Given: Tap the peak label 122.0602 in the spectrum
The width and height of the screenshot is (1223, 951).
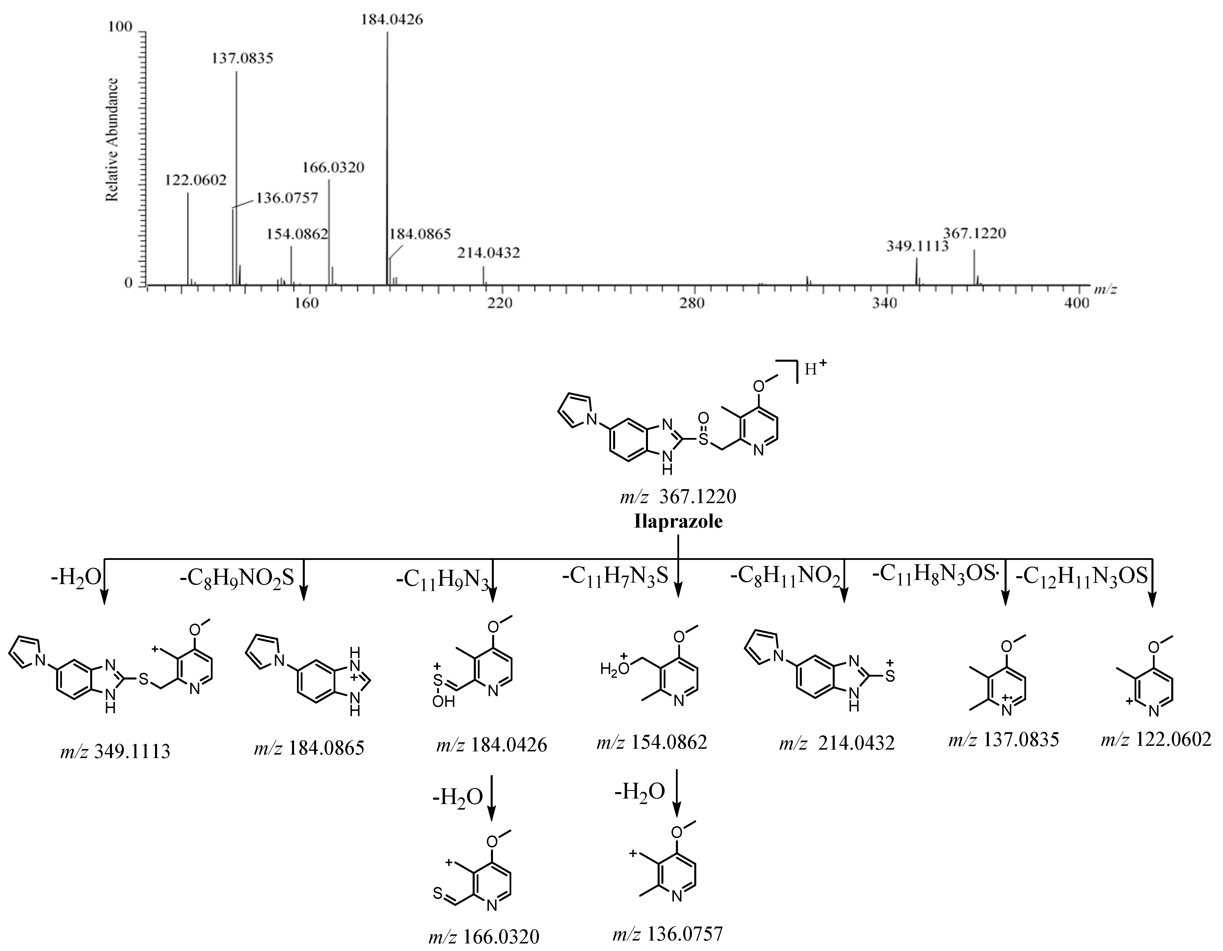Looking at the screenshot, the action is (x=195, y=180).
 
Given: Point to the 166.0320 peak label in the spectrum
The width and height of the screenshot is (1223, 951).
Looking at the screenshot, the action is (x=333, y=167).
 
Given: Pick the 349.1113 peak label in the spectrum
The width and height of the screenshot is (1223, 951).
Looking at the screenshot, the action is (x=917, y=246).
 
